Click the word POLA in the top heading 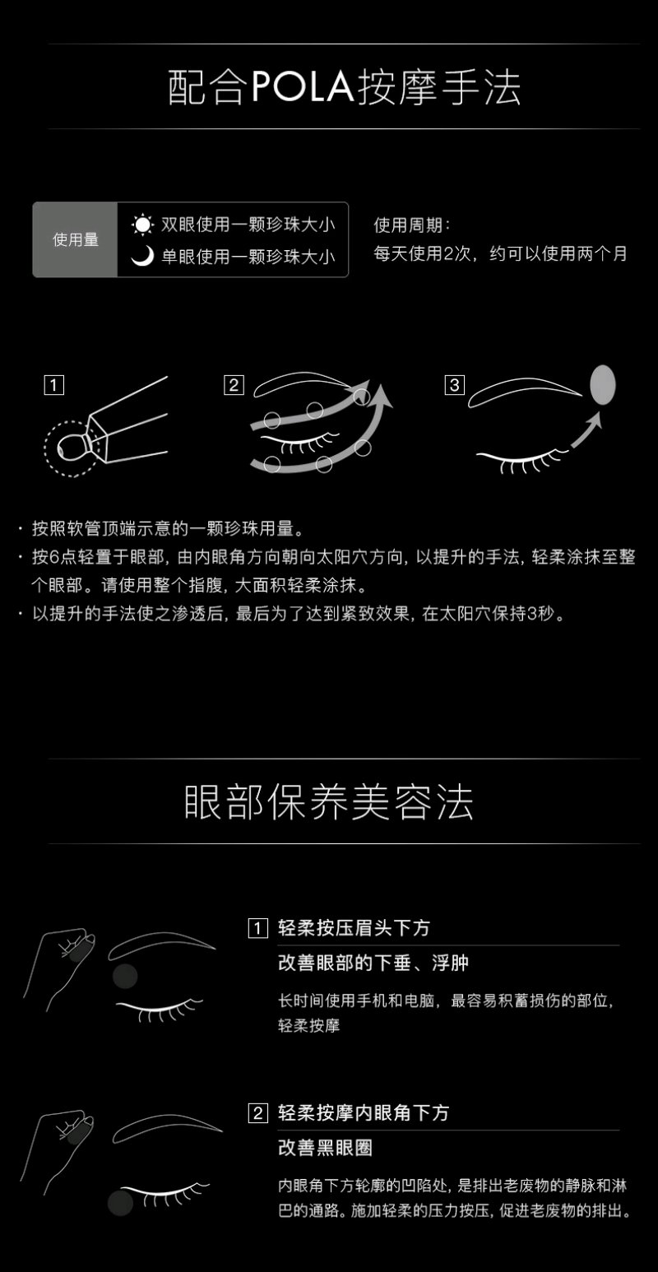[x=302, y=87]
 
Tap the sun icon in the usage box [x=142, y=225]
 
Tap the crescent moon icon [x=142, y=256]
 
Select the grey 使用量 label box [x=75, y=239]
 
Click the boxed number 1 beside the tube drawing [x=54, y=385]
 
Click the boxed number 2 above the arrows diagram [x=234, y=385]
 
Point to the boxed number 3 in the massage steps [x=454, y=385]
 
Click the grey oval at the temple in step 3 [x=603, y=384]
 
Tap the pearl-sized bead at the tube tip [x=71, y=447]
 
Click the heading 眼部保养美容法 [x=329, y=802]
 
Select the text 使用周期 [x=408, y=225]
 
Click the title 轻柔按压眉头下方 [x=354, y=928]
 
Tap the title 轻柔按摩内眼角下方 [x=364, y=1112]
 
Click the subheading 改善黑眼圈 [x=326, y=1148]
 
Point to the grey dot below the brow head [x=125, y=976]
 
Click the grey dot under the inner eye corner [x=120, y=1202]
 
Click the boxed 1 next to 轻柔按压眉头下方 [x=257, y=928]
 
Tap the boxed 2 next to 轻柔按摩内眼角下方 [x=257, y=1113]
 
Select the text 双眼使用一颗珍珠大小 [x=248, y=225]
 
